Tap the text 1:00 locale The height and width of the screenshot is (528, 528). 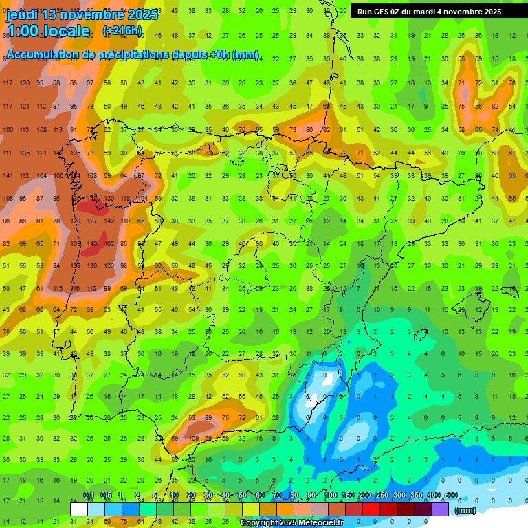tap(49, 31)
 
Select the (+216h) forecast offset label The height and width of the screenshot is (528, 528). tap(122, 31)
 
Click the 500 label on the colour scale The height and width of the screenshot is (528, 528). tap(451, 496)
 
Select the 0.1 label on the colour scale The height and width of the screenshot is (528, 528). tap(89, 496)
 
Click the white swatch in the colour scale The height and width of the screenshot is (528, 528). tap(79, 509)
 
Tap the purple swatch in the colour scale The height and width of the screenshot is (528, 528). tap(441, 509)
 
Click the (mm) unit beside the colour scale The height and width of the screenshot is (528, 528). tap(465, 510)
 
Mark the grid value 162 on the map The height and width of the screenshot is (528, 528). tap(109, 243)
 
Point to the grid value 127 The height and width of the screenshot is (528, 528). tap(91, 221)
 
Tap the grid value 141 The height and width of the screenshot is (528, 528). tap(8, 175)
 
